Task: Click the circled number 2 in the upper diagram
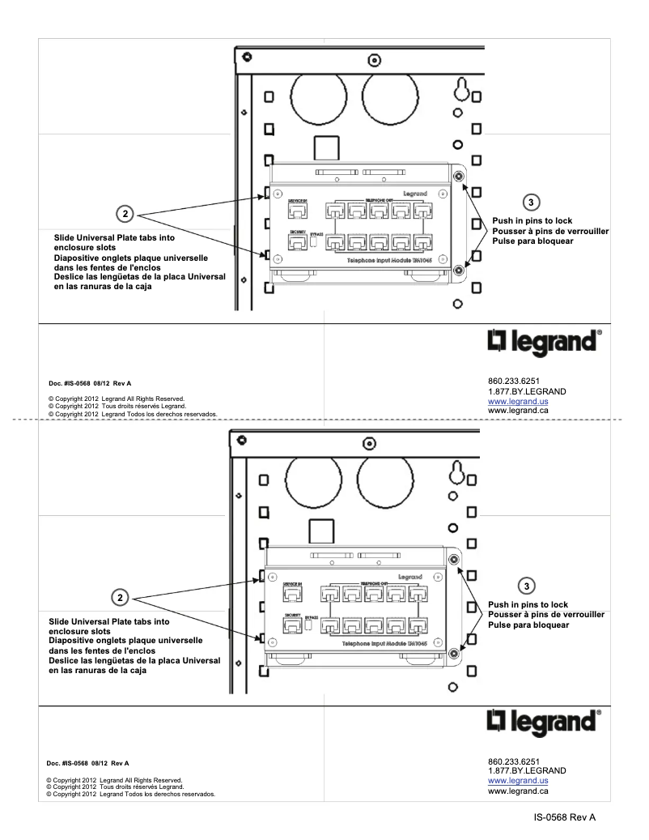pos(124,214)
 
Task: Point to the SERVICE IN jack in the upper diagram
pos(295,211)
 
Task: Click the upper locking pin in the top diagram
pos(458,177)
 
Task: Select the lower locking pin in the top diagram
pos(458,271)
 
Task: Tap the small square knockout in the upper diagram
pos(324,147)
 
